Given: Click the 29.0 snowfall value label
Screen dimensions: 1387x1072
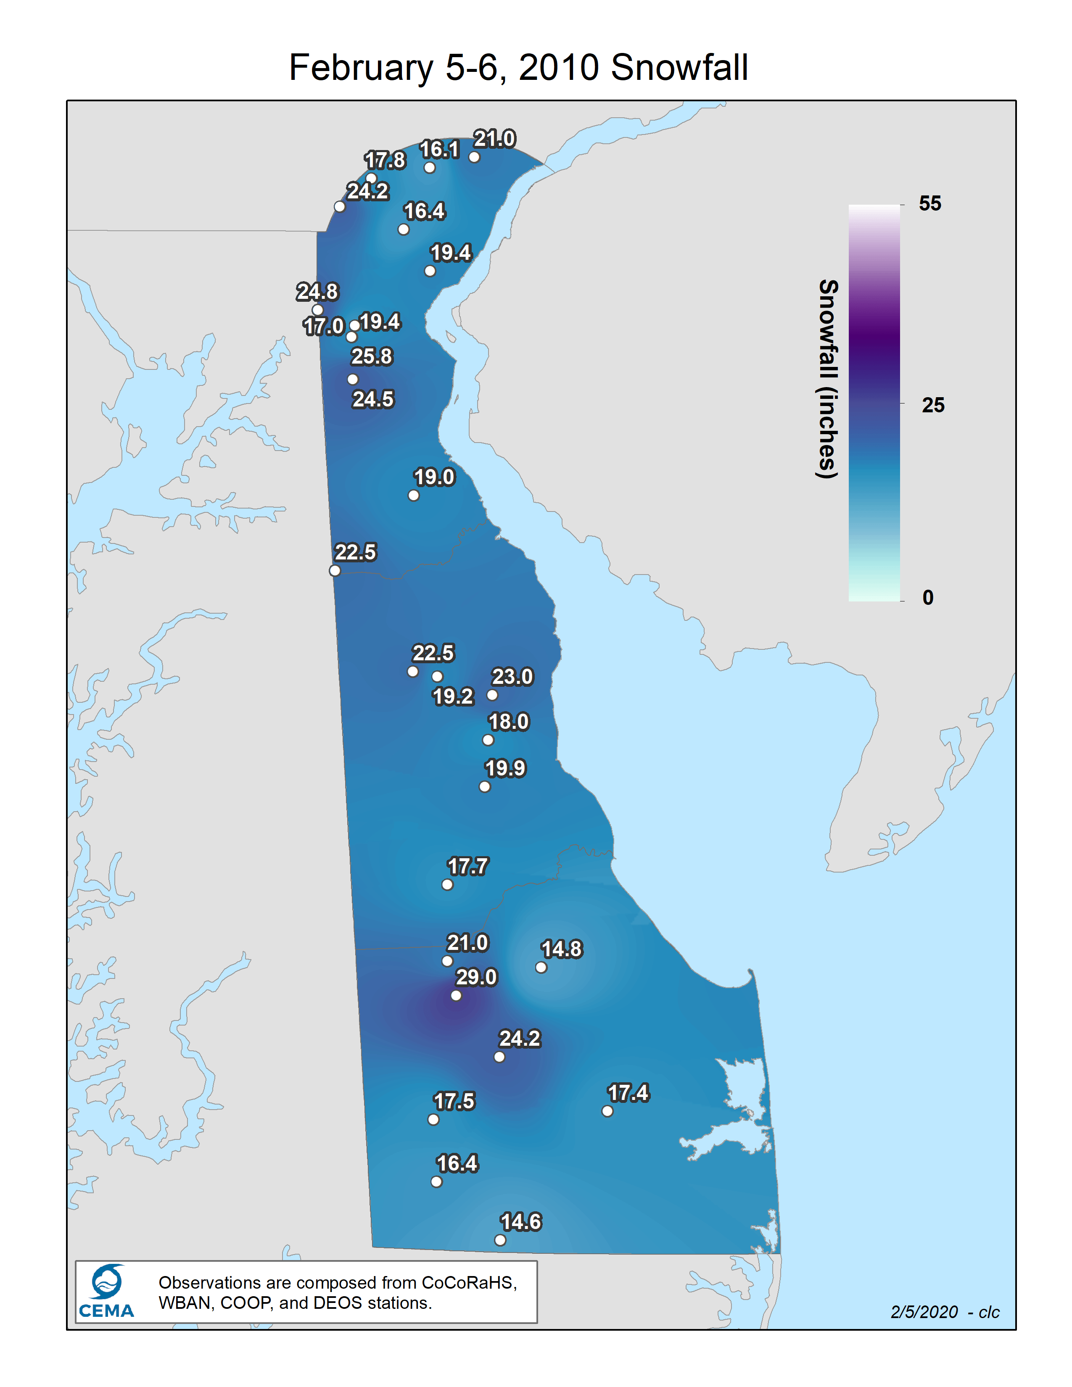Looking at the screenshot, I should (476, 977).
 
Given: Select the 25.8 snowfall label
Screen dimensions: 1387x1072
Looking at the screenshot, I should (372, 356).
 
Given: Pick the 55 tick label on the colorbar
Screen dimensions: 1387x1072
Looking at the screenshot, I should (930, 203).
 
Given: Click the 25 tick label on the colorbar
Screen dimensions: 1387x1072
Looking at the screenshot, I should (933, 405).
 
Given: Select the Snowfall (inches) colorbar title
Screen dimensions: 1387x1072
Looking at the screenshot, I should (827, 379).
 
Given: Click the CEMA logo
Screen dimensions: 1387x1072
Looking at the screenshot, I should (106, 1292).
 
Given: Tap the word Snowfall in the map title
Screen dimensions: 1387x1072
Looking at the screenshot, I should (679, 67).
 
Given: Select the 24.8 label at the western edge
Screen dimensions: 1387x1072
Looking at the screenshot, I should (317, 292).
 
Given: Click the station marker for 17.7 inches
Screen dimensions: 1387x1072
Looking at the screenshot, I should (447, 885).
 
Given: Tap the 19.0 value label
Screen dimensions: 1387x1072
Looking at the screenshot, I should (434, 477).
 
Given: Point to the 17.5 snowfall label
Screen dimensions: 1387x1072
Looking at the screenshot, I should (454, 1101).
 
